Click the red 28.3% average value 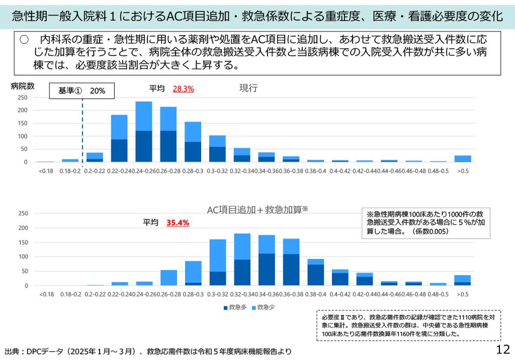point(183,89)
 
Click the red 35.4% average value point(177,223)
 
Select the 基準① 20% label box point(82,91)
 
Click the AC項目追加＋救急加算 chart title point(257,210)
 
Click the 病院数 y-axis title point(23,86)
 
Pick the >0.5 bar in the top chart point(462,159)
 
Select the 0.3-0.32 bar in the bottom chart point(218,263)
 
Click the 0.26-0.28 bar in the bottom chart point(169,278)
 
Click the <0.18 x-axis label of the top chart point(46,171)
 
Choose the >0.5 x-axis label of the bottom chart point(462,294)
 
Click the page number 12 point(503,349)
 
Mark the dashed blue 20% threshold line point(82,133)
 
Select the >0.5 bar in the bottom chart point(462,280)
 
